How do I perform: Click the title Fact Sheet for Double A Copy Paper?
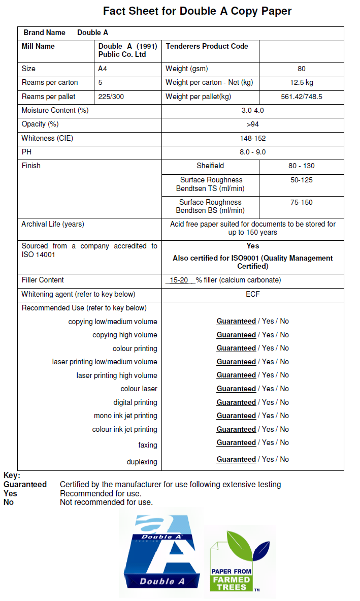point(197,11)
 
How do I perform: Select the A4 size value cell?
point(103,69)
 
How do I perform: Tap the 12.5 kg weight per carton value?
point(301,82)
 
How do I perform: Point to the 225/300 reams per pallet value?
point(111,97)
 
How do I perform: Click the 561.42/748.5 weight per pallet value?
point(302,97)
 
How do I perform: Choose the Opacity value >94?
point(252,124)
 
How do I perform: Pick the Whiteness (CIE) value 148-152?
point(252,138)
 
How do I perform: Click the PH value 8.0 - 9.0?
point(252,152)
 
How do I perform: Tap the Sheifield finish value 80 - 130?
point(301,166)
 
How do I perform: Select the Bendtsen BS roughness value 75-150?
point(301,202)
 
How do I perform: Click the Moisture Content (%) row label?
point(55,110)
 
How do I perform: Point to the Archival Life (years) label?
point(53,224)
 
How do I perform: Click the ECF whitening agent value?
point(252,294)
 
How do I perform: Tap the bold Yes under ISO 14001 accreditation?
point(252,246)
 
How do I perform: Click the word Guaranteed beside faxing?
point(236,442)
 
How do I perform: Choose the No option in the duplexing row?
point(284,459)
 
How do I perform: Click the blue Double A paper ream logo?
point(161,554)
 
